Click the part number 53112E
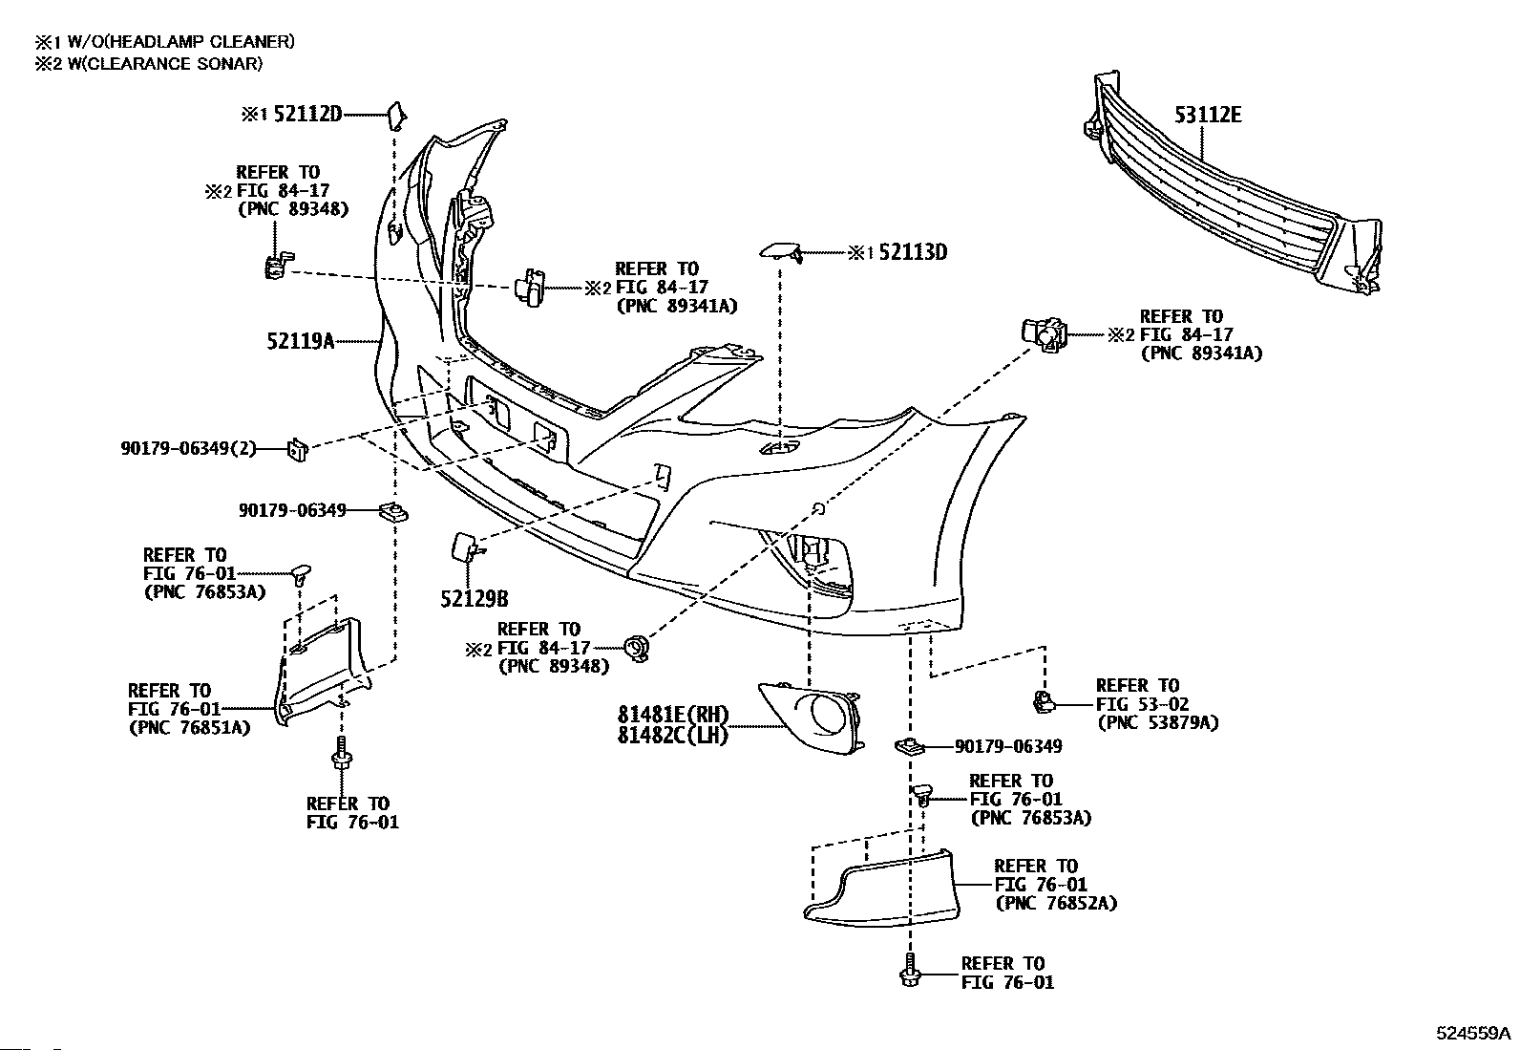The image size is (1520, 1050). click(x=1208, y=115)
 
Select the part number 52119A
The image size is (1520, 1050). click(x=301, y=340)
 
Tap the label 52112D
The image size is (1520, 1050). click(x=307, y=114)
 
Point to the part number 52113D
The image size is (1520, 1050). click(x=913, y=252)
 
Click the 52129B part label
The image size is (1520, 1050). click(x=475, y=599)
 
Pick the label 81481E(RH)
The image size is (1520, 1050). click(x=672, y=715)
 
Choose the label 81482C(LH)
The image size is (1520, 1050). click(x=672, y=735)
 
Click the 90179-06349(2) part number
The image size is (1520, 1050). click(x=189, y=448)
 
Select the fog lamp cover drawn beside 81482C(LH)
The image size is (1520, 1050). click(x=811, y=718)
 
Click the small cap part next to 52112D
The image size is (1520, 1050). click(x=397, y=116)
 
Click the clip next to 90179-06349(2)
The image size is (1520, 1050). click(x=298, y=449)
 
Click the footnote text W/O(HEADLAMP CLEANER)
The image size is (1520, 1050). click(x=181, y=42)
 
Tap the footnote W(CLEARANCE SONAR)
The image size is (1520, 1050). click(x=165, y=64)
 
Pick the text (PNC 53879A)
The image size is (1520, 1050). click(x=1158, y=722)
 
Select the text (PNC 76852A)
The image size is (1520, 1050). click(x=1057, y=903)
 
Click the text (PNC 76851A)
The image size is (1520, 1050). click(x=190, y=728)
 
